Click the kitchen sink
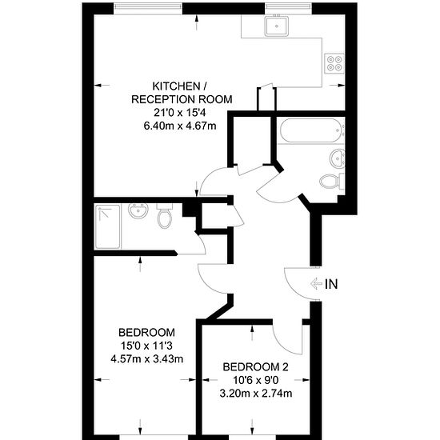point(277,26)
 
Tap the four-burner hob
point(334,63)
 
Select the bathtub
point(311,130)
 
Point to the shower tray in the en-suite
point(108,226)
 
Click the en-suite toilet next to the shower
point(165,215)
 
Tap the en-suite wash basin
point(138,210)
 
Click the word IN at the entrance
point(331,284)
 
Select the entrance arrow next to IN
point(316,284)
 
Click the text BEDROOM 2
point(256,366)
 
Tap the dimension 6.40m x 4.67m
point(180,126)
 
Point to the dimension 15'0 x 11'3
point(146,346)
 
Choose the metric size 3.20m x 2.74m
point(256,393)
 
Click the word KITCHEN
point(176,86)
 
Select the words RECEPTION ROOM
point(182,99)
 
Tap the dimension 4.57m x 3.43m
point(146,358)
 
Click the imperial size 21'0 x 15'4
point(180,113)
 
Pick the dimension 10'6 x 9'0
point(256,380)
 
